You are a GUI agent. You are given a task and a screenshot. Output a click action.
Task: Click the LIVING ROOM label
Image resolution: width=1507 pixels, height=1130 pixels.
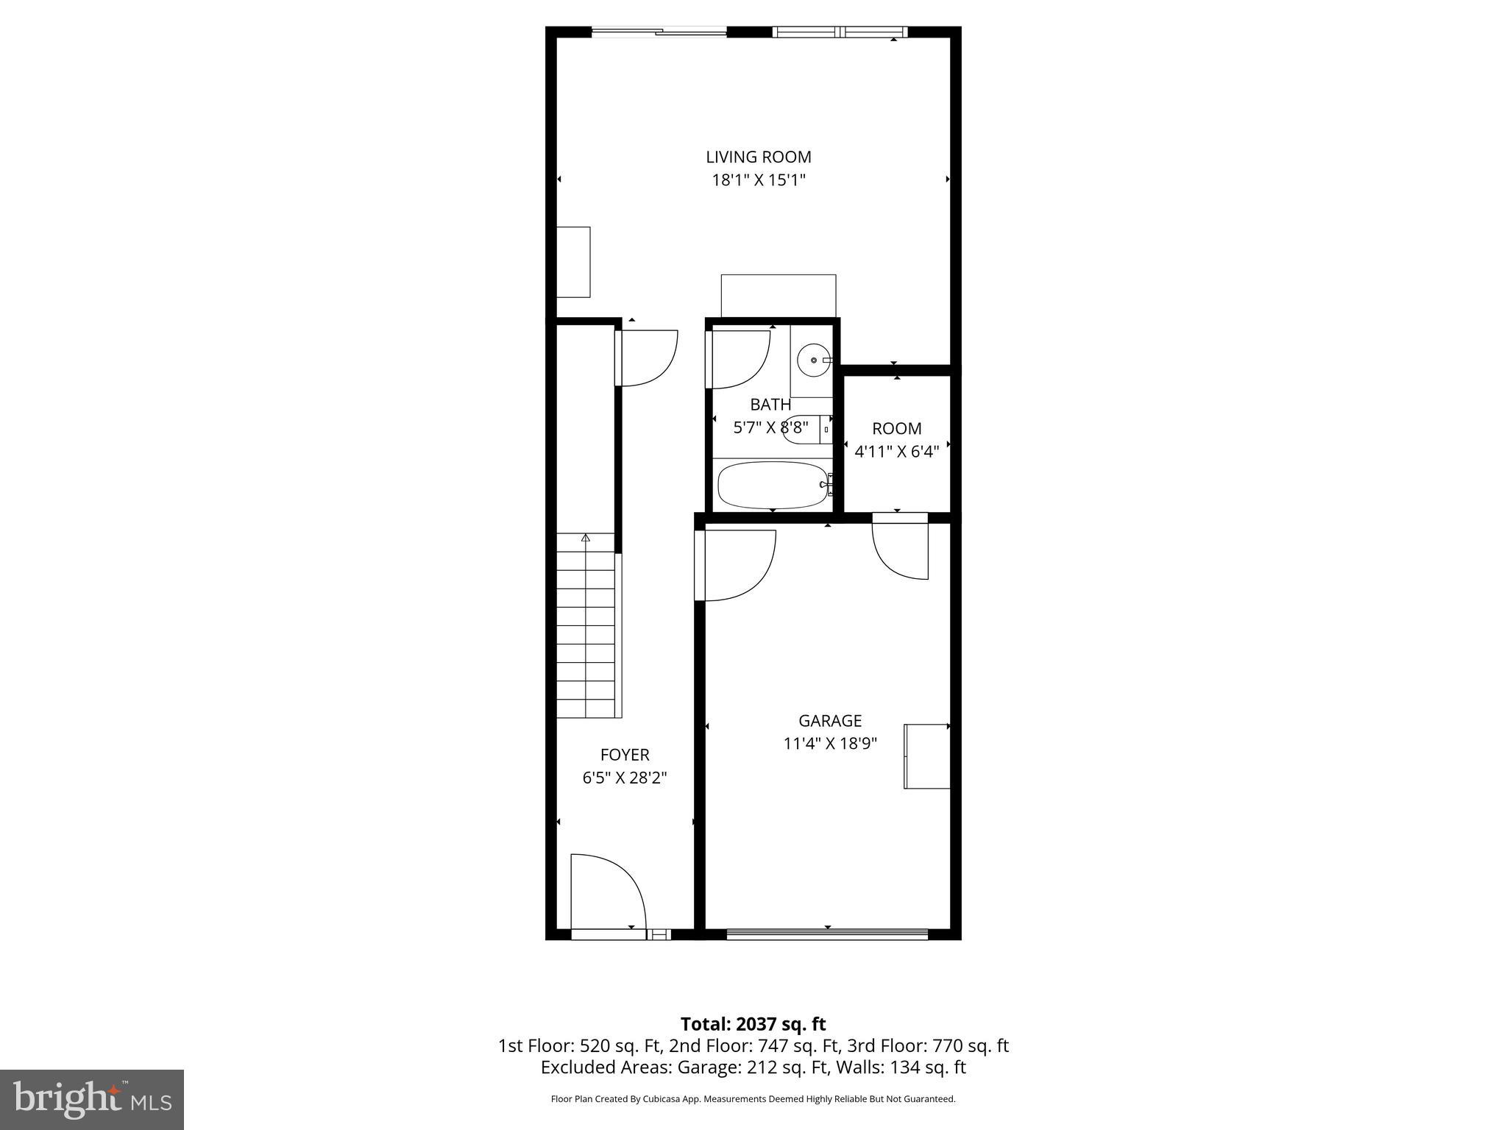(x=758, y=157)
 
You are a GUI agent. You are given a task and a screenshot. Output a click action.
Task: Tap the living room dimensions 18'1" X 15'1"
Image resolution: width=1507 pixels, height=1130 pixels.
(x=758, y=180)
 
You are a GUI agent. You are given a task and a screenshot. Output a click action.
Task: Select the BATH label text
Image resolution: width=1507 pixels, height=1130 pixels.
(x=770, y=405)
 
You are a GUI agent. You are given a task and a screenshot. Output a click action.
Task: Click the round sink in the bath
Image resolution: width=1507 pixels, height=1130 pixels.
(x=813, y=360)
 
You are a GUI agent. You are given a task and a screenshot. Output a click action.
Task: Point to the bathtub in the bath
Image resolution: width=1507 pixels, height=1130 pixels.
(x=773, y=485)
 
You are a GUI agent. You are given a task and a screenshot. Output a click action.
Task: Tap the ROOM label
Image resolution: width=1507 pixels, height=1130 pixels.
(x=896, y=428)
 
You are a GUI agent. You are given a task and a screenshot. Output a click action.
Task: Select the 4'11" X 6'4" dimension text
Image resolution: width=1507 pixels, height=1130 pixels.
(x=896, y=452)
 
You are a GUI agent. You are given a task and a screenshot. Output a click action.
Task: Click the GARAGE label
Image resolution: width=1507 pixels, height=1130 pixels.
(x=830, y=721)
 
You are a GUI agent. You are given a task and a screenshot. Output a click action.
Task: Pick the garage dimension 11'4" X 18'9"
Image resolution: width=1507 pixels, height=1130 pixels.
(x=830, y=744)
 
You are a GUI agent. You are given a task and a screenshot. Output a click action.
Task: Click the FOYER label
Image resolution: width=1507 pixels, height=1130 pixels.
(x=625, y=755)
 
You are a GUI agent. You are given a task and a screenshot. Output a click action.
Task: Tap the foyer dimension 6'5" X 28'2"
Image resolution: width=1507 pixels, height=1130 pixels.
(x=625, y=778)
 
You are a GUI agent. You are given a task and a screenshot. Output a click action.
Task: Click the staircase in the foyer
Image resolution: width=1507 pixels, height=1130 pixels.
(x=586, y=625)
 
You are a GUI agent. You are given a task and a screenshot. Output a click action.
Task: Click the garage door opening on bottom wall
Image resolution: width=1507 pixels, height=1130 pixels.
(x=827, y=934)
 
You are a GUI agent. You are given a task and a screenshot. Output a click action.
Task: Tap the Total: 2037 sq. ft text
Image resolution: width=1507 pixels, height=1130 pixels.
(x=753, y=1024)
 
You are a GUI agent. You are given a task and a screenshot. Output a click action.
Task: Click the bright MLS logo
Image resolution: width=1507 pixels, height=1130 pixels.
(x=92, y=1099)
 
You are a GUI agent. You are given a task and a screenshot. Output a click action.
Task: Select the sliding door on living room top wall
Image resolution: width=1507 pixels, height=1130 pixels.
(x=659, y=32)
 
